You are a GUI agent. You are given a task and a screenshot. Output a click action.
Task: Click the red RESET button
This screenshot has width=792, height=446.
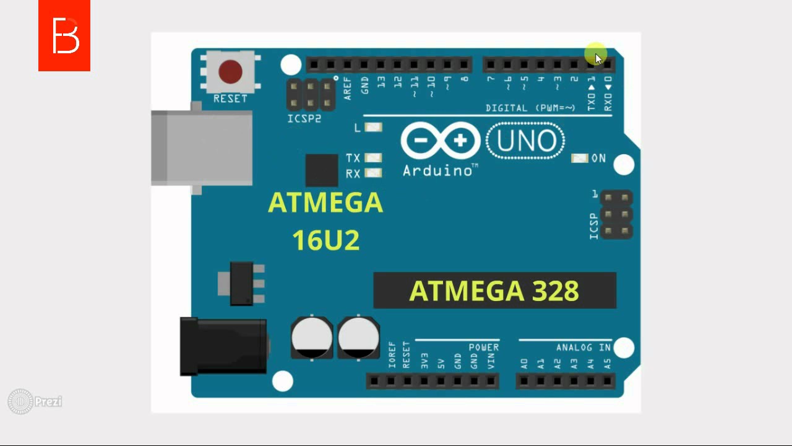pyautogui.click(x=230, y=72)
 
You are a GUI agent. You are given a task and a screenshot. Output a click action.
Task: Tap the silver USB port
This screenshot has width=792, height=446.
pyautogui.click(x=202, y=148)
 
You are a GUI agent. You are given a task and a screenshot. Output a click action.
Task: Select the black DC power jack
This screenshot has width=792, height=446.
pyautogui.click(x=223, y=346)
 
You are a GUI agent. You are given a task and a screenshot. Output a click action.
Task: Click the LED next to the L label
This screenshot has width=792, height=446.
pyautogui.click(x=373, y=128)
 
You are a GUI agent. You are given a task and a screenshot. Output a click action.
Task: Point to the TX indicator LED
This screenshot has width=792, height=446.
pyautogui.click(x=373, y=158)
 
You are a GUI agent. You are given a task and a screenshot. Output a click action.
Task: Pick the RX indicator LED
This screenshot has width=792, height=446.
pyautogui.click(x=373, y=173)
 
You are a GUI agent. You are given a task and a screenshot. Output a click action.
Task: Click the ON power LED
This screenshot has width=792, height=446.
pyautogui.click(x=579, y=159)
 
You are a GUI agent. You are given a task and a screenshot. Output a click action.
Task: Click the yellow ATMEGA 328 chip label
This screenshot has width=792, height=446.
pyautogui.click(x=494, y=291)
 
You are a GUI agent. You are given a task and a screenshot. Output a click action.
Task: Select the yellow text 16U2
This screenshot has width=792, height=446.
pyautogui.click(x=325, y=240)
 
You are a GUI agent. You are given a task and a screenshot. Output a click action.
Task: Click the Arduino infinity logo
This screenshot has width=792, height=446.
pyautogui.click(x=441, y=141)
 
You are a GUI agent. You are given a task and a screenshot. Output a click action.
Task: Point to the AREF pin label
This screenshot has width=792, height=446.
pyautogui.click(x=348, y=88)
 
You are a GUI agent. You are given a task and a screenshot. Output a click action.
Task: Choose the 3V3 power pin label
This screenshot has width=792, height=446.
pyautogui.click(x=424, y=361)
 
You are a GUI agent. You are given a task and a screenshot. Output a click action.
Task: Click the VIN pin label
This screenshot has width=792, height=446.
pyautogui.click(x=491, y=361)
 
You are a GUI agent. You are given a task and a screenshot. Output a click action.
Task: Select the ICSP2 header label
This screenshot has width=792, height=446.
pyautogui.click(x=304, y=118)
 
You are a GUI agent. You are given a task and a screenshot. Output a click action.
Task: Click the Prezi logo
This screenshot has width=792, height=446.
pyautogui.click(x=35, y=401)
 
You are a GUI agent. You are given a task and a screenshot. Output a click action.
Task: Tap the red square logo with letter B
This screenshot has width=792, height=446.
pyautogui.click(x=64, y=35)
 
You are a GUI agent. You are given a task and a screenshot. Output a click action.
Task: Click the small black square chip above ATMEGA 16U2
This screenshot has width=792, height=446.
pyautogui.click(x=322, y=170)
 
